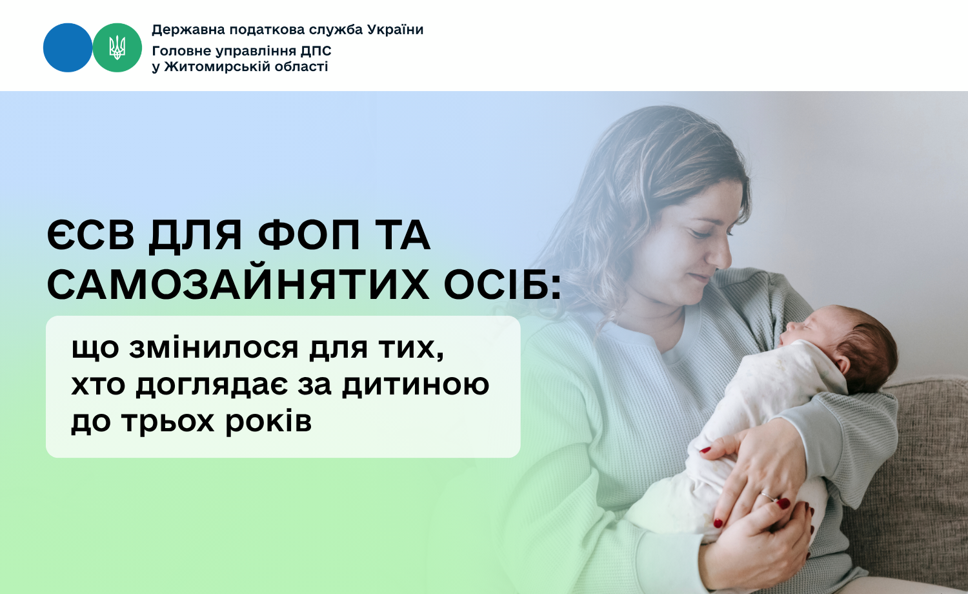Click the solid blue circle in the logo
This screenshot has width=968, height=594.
click(68, 48)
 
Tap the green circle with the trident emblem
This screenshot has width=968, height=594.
click(117, 48)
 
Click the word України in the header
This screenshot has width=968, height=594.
click(395, 30)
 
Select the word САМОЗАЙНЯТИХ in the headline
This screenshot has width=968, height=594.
click(238, 285)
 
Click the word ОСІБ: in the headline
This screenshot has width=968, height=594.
click(502, 285)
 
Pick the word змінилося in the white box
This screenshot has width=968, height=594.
click(214, 349)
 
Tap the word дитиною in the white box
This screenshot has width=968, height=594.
click(416, 385)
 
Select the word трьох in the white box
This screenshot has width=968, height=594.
click(168, 422)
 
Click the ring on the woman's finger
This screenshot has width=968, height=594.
click(768, 497)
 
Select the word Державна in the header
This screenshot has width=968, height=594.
click(188, 30)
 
